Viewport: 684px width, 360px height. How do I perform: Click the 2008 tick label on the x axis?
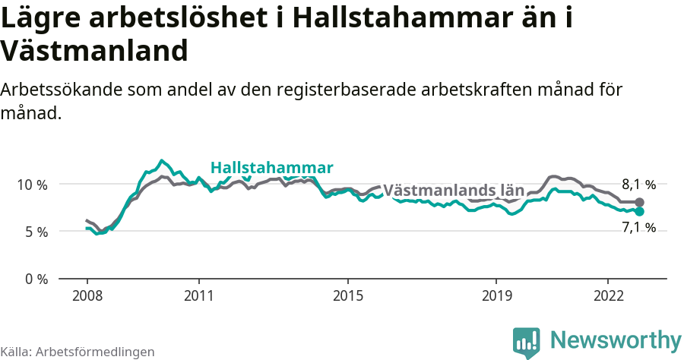87,295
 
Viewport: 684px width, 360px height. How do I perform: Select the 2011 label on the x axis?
198,295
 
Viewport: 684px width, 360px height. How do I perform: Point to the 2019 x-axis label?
496,295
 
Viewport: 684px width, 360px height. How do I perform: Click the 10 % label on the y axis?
31,185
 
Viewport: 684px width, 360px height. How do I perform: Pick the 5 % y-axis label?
35,232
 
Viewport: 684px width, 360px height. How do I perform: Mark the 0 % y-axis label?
35,279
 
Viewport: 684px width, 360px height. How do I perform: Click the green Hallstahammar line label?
271,168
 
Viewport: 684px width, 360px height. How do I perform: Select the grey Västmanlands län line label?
453,191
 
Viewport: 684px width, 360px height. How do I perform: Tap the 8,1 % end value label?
638,184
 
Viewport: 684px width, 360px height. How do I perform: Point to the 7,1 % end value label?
638,227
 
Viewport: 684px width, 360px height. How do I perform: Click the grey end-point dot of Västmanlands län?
639,202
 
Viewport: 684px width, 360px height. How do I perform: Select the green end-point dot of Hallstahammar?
639,212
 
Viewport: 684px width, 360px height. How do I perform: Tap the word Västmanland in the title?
94,51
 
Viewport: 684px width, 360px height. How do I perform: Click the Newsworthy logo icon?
526,343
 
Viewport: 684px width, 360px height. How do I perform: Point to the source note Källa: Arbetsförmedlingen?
78,352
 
